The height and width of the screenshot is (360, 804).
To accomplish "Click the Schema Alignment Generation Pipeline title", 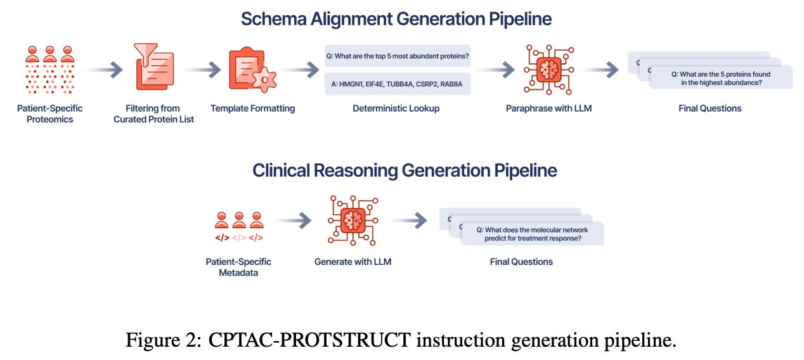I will point(396,18).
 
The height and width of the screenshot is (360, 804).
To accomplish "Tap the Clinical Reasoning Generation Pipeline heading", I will point(405,170).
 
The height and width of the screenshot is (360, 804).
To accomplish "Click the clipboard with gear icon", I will point(252,69).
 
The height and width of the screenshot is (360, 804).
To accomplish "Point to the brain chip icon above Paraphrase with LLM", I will point(548,70).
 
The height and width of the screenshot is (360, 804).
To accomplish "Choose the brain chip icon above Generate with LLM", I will point(353,220).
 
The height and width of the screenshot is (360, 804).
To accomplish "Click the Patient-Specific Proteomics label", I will point(49,114).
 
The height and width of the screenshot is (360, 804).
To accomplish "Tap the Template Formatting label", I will point(252,108).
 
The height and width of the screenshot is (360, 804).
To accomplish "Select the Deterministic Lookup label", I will point(396,108).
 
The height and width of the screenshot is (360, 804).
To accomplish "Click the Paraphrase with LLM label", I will point(548,108).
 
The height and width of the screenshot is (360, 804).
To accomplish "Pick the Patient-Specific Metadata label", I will point(238,267).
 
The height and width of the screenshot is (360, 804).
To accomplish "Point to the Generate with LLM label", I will point(353,261).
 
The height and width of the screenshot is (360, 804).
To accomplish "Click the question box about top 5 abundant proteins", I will point(398,56).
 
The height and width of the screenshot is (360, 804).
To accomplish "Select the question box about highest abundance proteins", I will point(722,78).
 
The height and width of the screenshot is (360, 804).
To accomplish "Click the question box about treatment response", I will point(532,234).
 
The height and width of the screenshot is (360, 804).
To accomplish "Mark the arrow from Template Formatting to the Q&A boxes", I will point(302,70).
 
